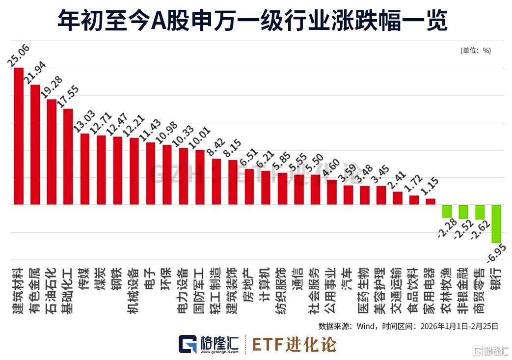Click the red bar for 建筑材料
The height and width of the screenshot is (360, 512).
pos(19,136)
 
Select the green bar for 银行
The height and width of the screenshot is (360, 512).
pos(496,223)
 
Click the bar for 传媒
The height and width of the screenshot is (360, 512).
pos(84,168)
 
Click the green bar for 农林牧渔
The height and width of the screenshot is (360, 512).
pos(447,211)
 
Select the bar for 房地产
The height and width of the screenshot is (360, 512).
pos(249,186)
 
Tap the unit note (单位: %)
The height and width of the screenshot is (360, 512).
pos(476,50)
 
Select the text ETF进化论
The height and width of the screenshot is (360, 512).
pos(295,344)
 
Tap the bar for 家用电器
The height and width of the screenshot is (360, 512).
pos(431,201)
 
